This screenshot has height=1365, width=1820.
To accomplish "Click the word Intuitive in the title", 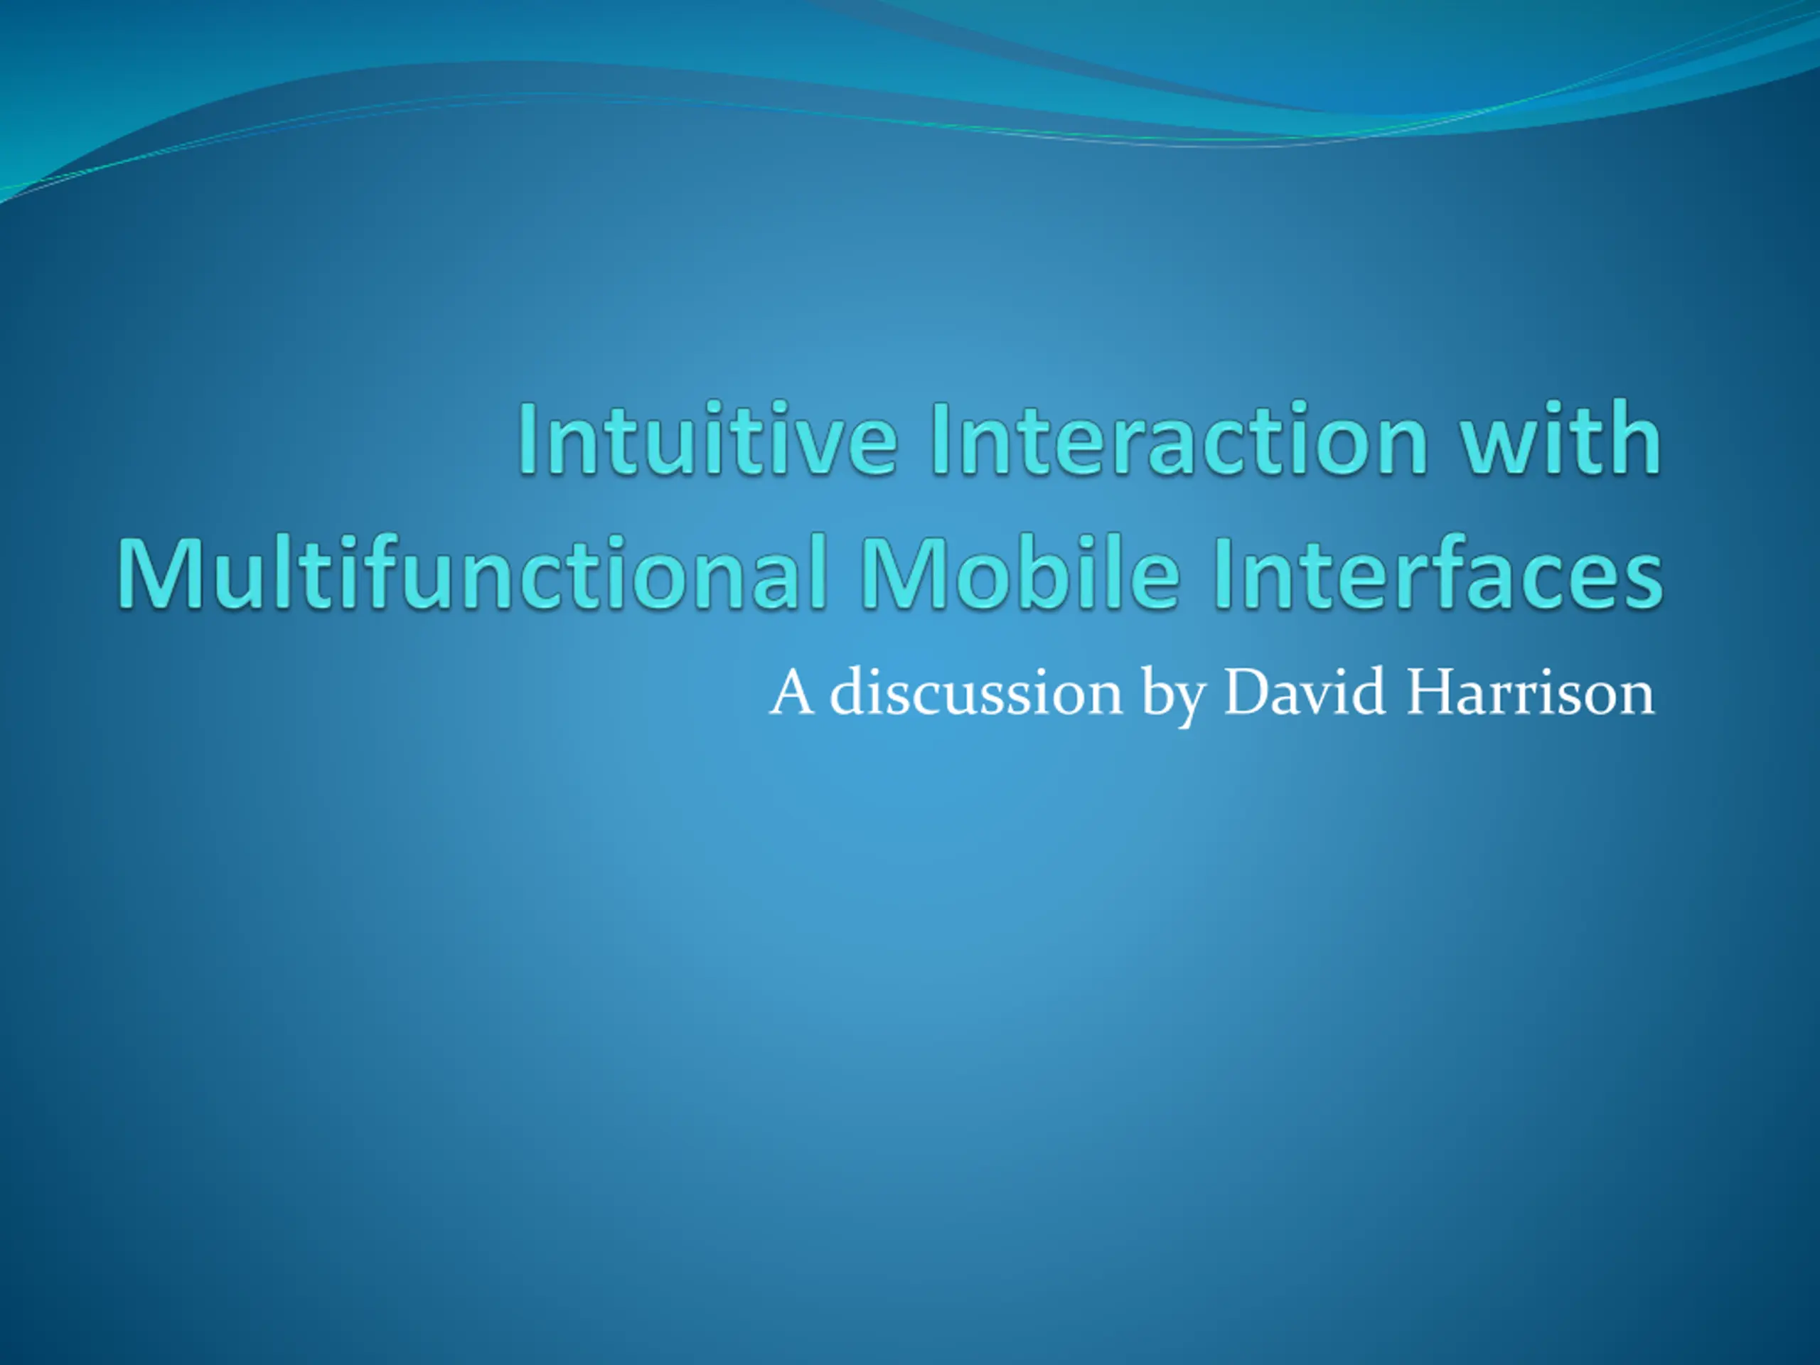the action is [707, 438].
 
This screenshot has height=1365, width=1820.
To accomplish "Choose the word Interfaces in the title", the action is [1439, 571].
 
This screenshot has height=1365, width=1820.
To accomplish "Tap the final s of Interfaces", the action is [1643, 582].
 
